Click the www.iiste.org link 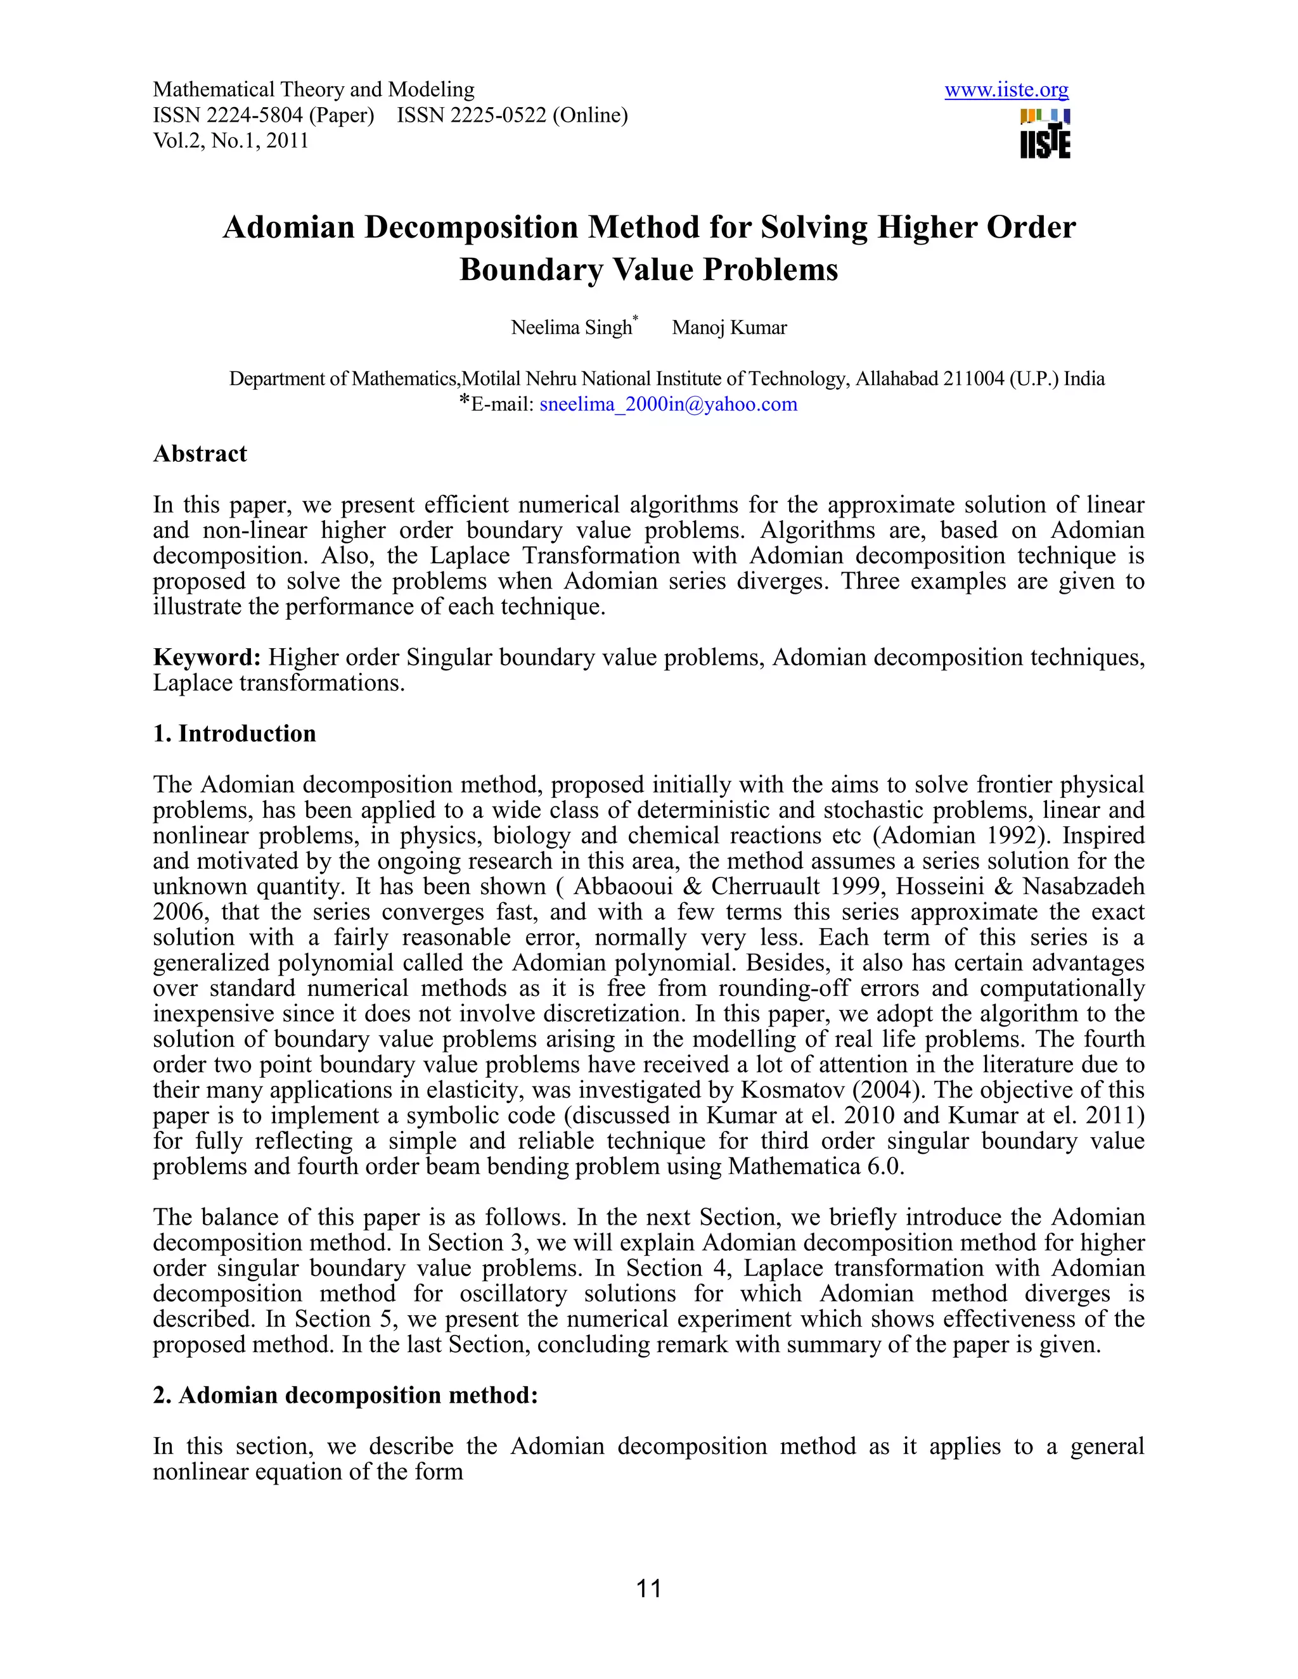[1006, 90]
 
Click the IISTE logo [1045, 134]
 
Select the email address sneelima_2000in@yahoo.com [668, 404]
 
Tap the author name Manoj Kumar [729, 328]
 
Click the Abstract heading [200, 454]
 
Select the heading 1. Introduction [235, 734]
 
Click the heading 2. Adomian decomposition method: [345, 1395]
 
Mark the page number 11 [649, 1588]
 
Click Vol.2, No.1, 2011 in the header [231, 141]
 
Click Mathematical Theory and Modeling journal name [314, 90]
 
